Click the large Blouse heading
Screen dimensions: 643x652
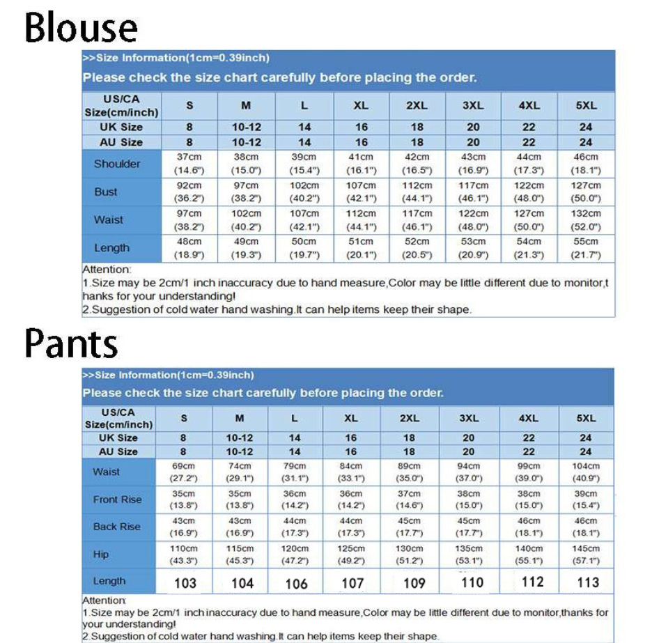[81, 28]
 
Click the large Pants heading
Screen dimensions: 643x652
[72, 343]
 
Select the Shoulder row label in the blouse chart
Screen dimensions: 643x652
[117, 164]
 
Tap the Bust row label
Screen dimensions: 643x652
[106, 192]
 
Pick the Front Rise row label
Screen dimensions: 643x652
[117, 499]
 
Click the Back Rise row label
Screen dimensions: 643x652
[116, 527]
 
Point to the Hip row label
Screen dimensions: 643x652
[101, 555]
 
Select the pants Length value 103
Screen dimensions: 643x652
[185, 583]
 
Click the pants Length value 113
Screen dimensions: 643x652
[588, 582]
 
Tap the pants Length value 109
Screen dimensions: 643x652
[414, 583]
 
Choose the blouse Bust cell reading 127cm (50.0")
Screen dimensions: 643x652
[586, 192]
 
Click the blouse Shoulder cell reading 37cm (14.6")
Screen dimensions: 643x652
[189, 164]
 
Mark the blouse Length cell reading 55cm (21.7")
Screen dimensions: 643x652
[586, 248]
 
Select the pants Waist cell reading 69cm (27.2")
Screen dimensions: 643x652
[183, 472]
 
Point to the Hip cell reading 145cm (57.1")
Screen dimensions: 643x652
[586, 555]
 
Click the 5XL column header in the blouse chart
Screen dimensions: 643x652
[586, 106]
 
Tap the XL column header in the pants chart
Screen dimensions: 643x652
[351, 419]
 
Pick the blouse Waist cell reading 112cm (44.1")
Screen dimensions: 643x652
[362, 220]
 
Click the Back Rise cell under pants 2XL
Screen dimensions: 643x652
[410, 527]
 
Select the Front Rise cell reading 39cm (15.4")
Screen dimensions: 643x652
[586, 499]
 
